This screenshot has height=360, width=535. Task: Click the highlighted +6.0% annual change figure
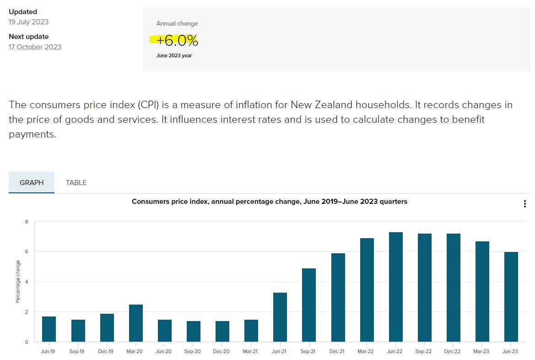(x=177, y=41)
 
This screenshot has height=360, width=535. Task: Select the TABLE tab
(x=76, y=183)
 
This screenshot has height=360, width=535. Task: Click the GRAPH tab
(x=32, y=183)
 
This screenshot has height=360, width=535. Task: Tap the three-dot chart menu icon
(x=525, y=204)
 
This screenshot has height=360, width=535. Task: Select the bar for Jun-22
(x=396, y=287)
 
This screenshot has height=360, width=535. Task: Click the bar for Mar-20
(x=136, y=323)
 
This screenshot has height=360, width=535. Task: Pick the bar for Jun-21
(x=280, y=317)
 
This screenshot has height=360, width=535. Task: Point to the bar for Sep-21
(x=309, y=305)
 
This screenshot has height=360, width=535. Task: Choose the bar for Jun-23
(x=511, y=297)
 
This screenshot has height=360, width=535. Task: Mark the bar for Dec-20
(x=222, y=331)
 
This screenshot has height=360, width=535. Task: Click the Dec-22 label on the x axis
(x=452, y=351)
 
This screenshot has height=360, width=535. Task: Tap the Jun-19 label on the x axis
(x=48, y=351)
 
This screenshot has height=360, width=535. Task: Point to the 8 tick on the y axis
(x=27, y=222)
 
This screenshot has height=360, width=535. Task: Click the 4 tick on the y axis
(x=27, y=282)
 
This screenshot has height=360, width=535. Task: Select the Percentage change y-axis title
(x=18, y=281)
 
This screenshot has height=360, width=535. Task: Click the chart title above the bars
(x=270, y=202)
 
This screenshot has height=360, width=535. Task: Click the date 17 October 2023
(x=35, y=47)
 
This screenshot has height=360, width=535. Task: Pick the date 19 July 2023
(x=29, y=22)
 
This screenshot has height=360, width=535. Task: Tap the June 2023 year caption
(x=174, y=56)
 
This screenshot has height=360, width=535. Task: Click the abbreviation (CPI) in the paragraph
(x=148, y=105)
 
